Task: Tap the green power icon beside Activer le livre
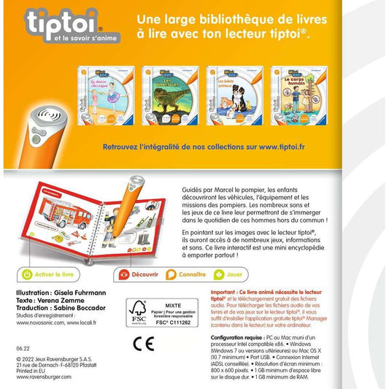coord(26,276)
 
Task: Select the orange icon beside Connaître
coord(171,276)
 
